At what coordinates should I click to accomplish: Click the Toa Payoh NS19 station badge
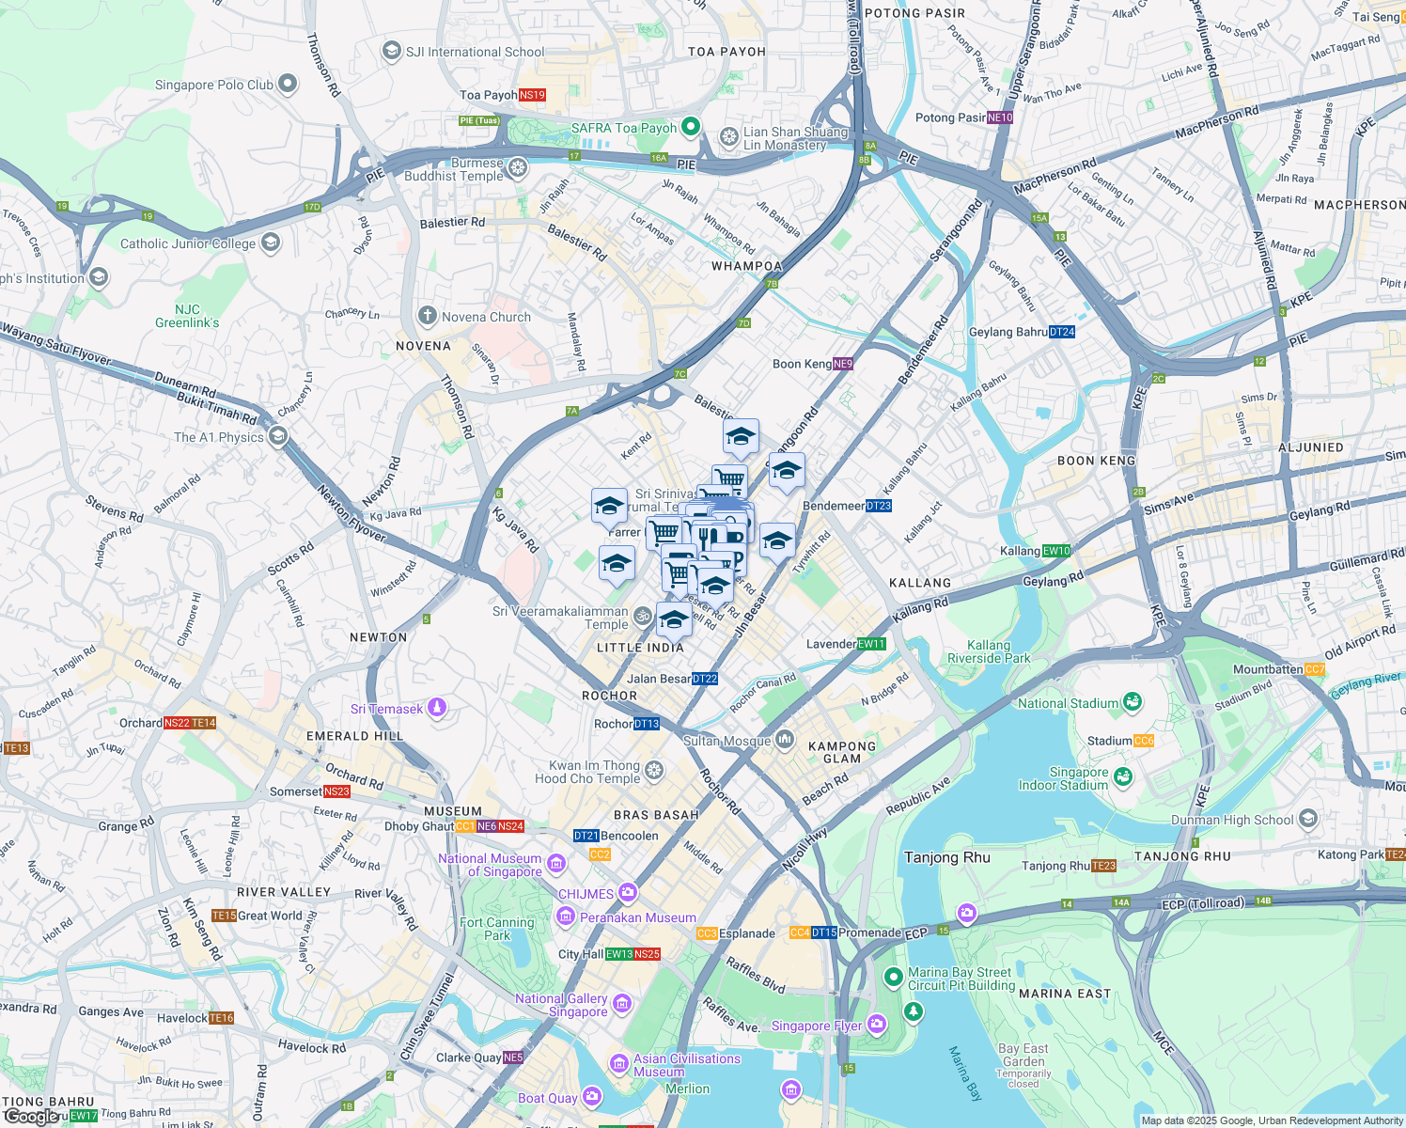pyautogui.click(x=532, y=95)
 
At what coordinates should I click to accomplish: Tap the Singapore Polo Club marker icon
pyautogui.click(x=288, y=85)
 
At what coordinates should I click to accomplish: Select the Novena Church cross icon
pyautogui.click(x=428, y=316)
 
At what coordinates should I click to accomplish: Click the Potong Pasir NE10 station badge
pyautogui.click(x=1000, y=117)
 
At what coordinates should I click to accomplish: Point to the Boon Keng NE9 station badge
pyautogui.click(x=843, y=364)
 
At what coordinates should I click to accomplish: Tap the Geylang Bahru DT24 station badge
pyautogui.click(x=1062, y=332)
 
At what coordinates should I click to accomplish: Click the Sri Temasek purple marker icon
pyautogui.click(x=437, y=708)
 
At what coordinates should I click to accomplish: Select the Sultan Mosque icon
pyautogui.click(x=785, y=741)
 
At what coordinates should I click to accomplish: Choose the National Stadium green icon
pyautogui.click(x=1133, y=702)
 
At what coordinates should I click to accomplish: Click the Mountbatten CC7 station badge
pyautogui.click(x=1314, y=669)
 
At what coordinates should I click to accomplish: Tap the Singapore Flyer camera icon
pyautogui.click(x=876, y=1024)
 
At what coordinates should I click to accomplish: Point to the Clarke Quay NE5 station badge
pyautogui.click(x=513, y=1057)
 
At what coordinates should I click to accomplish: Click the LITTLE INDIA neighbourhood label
pyautogui.click(x=640, y=648)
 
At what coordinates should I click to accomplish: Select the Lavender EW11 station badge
pyautogui.click(x=871, y=644)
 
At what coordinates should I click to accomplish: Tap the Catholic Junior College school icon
pyautogui.click(x=270, y=243)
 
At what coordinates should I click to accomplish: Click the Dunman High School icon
pyautogui.click(x=1307, y=819)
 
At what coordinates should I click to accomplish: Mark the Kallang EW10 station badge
pyautogui.click(x=1056, y=551)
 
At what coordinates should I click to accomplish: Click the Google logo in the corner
pyautogui.click(x=31, y=1117)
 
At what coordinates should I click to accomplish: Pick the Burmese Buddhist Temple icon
pyautogui.click(x=517, y=168)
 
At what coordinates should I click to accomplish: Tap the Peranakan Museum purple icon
pyautogui.click(x=566, y=916)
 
